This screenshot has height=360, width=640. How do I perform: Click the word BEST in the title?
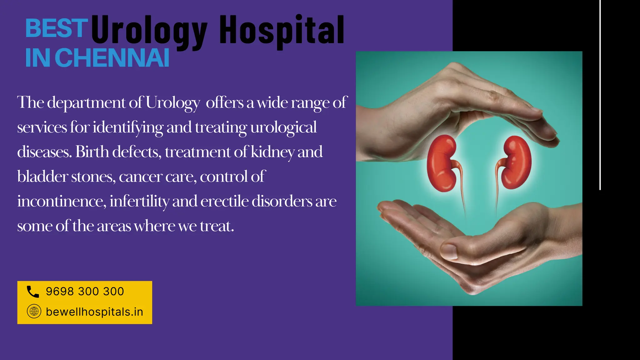point(56,28)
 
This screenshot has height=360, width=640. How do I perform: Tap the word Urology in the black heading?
point(149,31)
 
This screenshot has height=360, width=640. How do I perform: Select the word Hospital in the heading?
point(281,31)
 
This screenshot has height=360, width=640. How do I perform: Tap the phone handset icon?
point(33,292)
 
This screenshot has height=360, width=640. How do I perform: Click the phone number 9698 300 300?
point(85,292)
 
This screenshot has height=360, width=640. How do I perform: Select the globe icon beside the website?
point(34,311)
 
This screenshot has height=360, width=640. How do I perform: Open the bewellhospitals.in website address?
point(94,312)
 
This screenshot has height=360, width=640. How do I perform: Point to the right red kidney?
point(516,162)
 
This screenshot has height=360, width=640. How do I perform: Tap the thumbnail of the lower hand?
point(449,251)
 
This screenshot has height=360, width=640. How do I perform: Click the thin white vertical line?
point(600,94)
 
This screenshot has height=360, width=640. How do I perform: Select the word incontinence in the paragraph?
point(62,201)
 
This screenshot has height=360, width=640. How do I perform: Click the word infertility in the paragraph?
point(139,201)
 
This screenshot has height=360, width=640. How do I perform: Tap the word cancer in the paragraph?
point(140,177)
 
